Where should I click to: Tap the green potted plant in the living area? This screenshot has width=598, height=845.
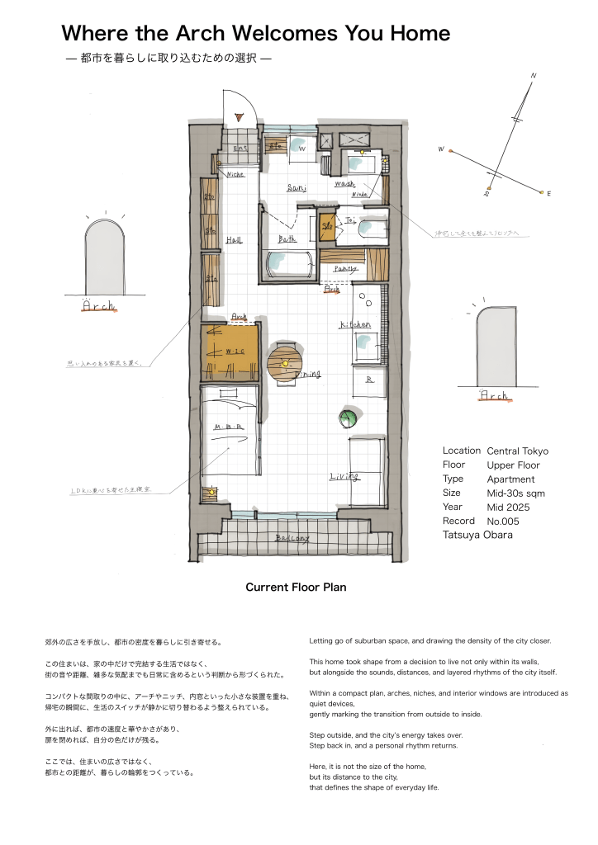pyautogui.click(x=346, y=419)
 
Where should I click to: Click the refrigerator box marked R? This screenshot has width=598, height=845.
pyautogui.click(x=369, y=380)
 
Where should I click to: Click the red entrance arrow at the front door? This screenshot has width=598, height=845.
pyautogui.click(x=239, y=119)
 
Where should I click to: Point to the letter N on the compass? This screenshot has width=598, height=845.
pyautogui.click(x=534, y=76)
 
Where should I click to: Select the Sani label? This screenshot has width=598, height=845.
pyautogui.click(x=297, y=188)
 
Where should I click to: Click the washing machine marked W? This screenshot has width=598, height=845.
pyautogui.click(x=301, y=150)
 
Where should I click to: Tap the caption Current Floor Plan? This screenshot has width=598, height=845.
pyautogui.click(x=296, y=588)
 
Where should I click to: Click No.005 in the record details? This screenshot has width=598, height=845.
pyautogui.click(x=504, y=522)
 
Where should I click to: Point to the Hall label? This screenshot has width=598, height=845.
pyautogui.click(x=234, y=240)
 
